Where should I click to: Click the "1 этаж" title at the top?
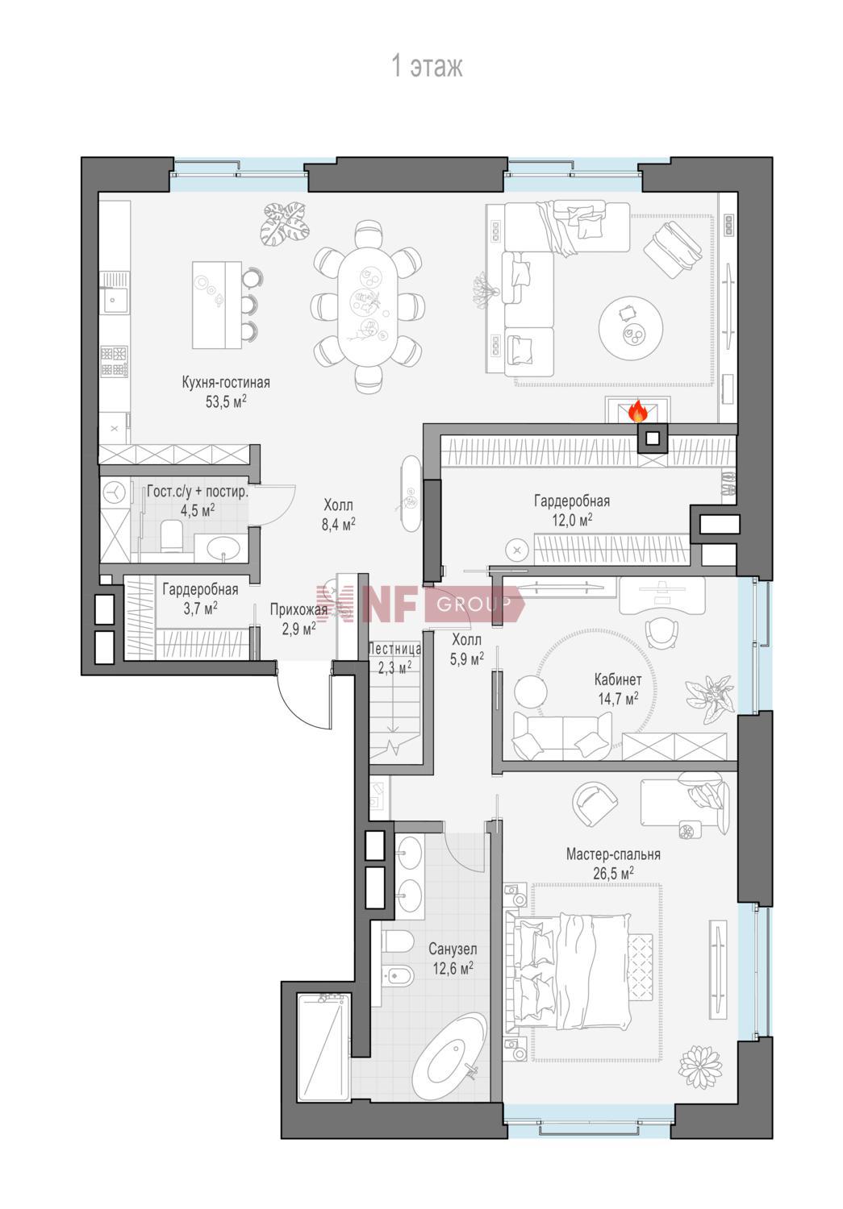[427, 67]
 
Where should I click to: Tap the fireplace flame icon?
[637, 410]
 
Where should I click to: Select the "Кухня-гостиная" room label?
[226, 383]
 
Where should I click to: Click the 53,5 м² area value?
[226, 401]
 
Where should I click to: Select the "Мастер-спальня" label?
[613, 854]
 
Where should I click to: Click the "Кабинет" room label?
[618, 679]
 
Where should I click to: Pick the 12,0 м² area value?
[571, 520]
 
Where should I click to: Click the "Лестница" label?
[394, 649]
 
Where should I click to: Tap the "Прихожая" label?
[298, 610]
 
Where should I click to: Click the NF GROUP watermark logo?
[419, 603]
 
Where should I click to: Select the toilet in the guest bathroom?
[173, 536]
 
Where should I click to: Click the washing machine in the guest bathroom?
[115, 492]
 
